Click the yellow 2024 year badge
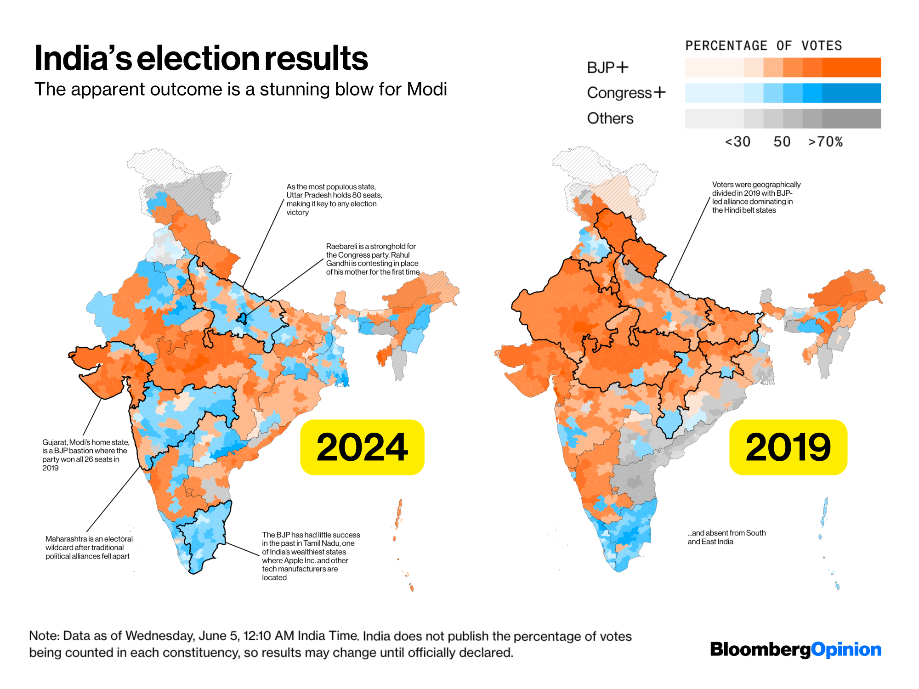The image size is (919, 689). tap(362, 447)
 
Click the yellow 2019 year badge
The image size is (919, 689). tap(788, 447)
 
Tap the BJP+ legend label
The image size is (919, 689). tap(607, 68)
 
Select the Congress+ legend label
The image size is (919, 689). tap(626, 93)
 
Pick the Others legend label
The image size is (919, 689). tap(610, 119)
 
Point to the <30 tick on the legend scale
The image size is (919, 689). tap(737, 141)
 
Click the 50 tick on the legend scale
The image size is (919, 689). tap(782, 141)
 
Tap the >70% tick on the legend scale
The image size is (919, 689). tap(825, 141)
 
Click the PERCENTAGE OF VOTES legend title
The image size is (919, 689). tap(764, 45)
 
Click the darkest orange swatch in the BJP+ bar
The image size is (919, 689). tap(851, 67)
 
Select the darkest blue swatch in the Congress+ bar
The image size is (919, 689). tap(851, 93)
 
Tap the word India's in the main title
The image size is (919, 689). tap(83, 58)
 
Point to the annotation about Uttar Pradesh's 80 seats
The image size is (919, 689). tap(334, 199)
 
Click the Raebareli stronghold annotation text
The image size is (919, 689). tap(372, 259)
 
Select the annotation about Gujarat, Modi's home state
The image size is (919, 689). tap(86, 455)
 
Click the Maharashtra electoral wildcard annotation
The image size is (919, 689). tap(89, 547)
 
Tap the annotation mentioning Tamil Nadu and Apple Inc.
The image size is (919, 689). tap(311, 556)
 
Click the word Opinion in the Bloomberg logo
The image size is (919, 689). tap(846, 649)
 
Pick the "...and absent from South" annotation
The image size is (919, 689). tap(726, 537)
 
